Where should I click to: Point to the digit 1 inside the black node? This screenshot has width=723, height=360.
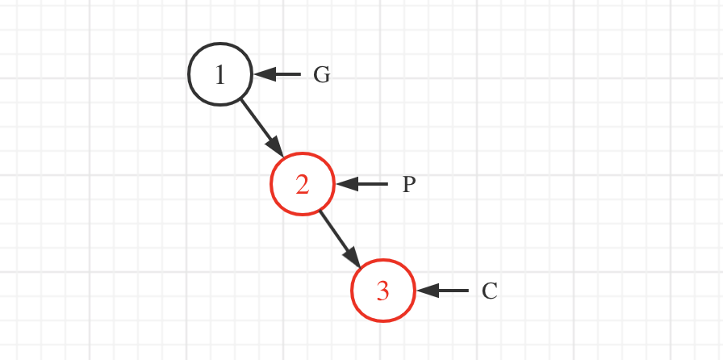(220, 75)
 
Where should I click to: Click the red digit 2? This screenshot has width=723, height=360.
(302, 185)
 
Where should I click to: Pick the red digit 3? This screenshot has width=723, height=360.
(383, 291)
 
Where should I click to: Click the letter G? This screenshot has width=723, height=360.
(321, 75)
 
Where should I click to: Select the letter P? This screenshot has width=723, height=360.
(409, 185)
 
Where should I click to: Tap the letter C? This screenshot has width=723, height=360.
(490, 291)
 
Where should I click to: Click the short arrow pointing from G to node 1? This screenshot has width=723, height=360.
(279, 75)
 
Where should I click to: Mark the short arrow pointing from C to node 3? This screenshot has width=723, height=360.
(444, 291)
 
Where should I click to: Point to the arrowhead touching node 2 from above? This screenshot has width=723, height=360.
(276, 148)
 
